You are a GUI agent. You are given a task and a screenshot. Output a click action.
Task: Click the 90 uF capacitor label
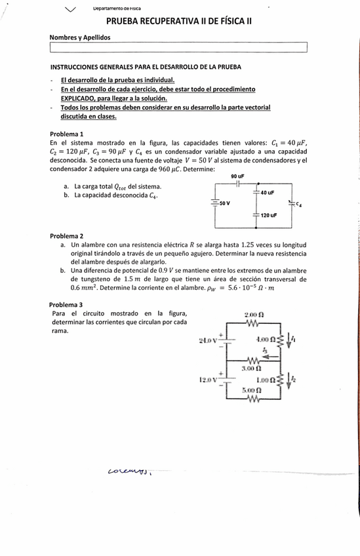237,176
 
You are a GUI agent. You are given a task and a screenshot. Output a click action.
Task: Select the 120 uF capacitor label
268,215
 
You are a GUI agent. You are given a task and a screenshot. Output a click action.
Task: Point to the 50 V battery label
224,203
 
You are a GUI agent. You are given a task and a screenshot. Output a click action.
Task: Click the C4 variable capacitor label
298,204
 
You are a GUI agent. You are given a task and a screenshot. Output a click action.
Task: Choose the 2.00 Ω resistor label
253,314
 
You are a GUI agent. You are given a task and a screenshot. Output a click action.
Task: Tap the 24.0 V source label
208,340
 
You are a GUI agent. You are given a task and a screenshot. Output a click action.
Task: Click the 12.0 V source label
208,379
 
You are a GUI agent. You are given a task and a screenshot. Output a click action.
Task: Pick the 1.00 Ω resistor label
266,379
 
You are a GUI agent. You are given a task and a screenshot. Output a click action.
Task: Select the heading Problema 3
66,304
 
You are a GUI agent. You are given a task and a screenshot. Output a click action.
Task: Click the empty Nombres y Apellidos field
178,47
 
